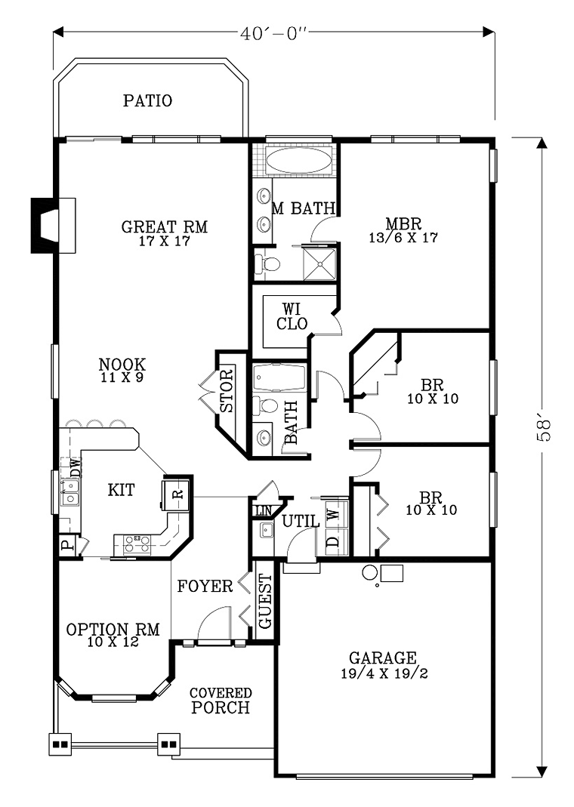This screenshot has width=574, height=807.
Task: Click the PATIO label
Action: (148, 100)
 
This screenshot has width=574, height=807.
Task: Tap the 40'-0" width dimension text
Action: (274, 33)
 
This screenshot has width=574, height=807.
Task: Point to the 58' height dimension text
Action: (544, 430)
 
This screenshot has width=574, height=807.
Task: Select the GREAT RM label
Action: (165, 226)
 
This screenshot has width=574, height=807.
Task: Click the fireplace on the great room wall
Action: (54, 226)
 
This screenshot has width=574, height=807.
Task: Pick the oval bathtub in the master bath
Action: (298, 161)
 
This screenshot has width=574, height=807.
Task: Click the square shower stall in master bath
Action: (319, 264)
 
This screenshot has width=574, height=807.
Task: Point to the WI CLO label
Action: (292, 316)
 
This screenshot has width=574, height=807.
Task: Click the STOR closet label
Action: (227, 390)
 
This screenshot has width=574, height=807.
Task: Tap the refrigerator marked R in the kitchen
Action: (177, 494)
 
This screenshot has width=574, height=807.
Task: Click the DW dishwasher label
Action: (76, 469)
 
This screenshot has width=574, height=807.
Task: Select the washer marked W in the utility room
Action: (334, 514)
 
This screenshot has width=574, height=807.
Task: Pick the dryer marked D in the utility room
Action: (334, 542)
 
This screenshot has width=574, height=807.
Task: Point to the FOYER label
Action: (205, 587)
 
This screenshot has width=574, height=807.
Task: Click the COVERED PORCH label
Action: (221, 701)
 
